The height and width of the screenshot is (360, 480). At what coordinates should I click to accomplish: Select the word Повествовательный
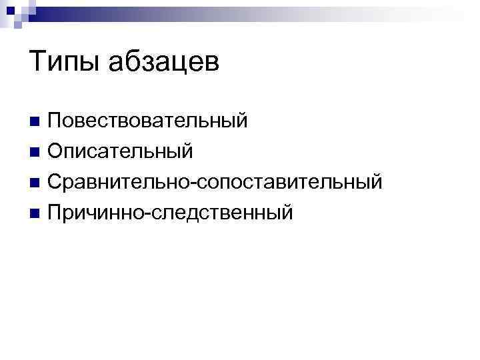click(x=147, y=121)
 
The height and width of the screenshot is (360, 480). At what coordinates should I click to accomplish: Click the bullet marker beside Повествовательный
click(x=35, y=122)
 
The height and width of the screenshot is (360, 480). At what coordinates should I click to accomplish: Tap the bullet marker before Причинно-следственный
click(x=35, y=213)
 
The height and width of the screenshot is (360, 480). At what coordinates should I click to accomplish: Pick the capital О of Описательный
click(x=55, y=151)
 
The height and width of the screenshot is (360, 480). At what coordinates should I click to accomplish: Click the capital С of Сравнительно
click(x=55, y=181)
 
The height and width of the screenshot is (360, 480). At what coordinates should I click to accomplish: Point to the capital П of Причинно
click(x=55, y=212)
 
